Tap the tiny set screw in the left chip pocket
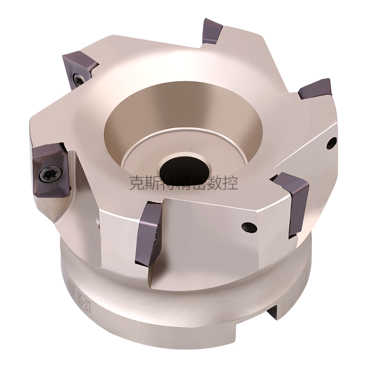point(97,223)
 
